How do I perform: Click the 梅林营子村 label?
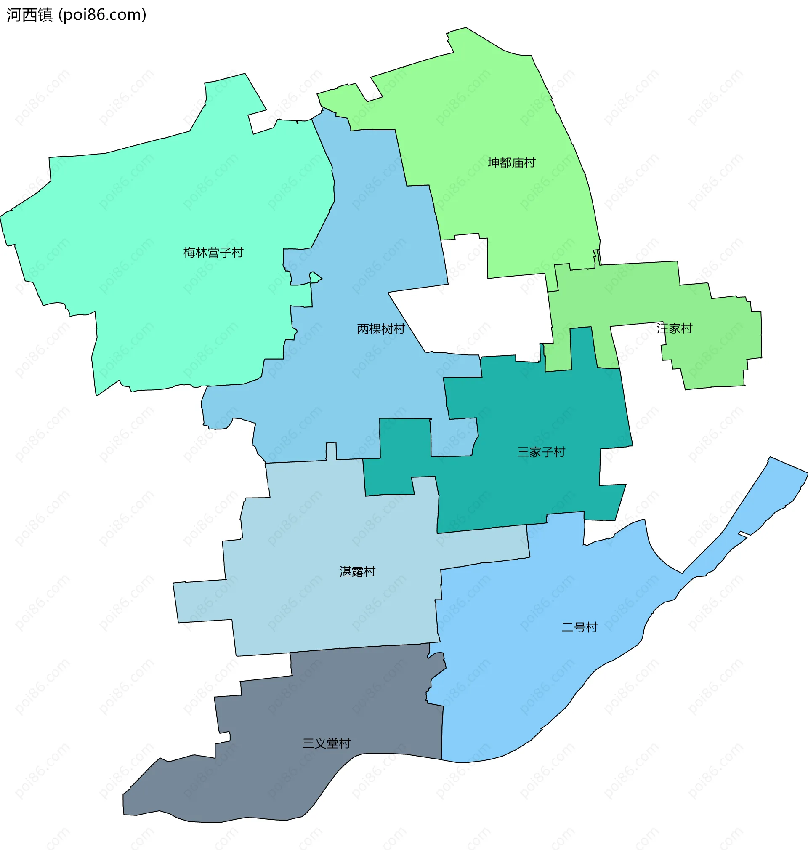click(x=213, y=253)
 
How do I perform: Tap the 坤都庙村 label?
click(x=511, y=163)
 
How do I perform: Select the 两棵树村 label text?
click(x=381, y=329)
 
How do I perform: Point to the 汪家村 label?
click(x=674, y=328)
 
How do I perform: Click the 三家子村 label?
click(x=541, y=452)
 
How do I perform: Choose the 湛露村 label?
click(x=357, y=571)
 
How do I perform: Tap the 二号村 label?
click(x=579, y=627)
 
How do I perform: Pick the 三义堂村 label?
click(x=327, y=743)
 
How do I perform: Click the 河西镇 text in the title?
click(x=29, y=15)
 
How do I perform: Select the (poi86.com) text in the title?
click(x=103, y=15)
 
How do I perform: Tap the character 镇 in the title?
click(x=45, y=15)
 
